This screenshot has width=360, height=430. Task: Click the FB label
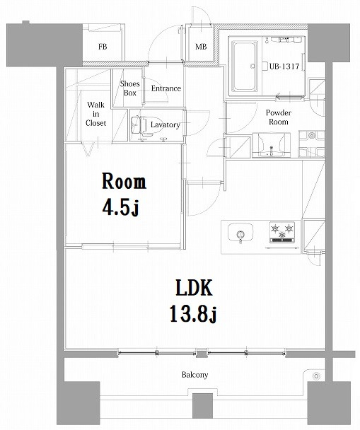point(103,47)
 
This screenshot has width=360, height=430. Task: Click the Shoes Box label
point(130,88)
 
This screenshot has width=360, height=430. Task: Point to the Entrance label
point(165,88)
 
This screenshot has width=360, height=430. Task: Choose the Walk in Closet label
point(96,113)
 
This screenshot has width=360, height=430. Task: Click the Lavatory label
point(165,125)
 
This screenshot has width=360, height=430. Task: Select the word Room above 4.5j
point(124,182)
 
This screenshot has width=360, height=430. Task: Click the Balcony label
point(194,376)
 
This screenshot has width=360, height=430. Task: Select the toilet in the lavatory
point(138,125)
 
